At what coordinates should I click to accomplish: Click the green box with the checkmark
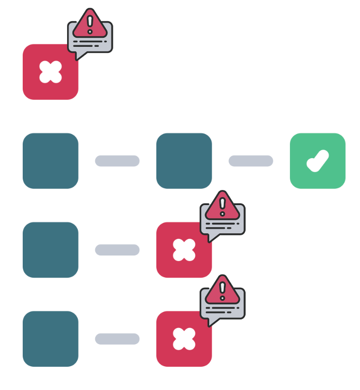(318, 160)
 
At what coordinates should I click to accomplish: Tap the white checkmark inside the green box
(318, 161)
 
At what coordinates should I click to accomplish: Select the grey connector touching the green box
(251, 161)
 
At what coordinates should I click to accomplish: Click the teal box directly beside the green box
(184, 160)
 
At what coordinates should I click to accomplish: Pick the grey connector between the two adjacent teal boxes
(117, 161)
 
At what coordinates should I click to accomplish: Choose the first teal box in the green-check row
(50, 160)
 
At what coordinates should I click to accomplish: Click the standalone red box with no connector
(50, 72)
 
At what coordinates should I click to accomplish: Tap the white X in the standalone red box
(50, 72)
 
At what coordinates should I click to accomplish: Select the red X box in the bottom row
(184, 339)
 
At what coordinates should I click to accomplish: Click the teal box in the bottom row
(50, 339)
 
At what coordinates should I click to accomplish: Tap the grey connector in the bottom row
(117, 339)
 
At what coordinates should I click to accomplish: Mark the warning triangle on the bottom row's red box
(222, 292)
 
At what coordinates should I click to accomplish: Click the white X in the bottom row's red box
(184, 339)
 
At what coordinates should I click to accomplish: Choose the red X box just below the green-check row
(184, 250)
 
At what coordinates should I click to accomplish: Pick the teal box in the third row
(50, 250)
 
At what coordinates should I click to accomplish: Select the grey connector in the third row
(117, 250)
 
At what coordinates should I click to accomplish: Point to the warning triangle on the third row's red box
(222, 207)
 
